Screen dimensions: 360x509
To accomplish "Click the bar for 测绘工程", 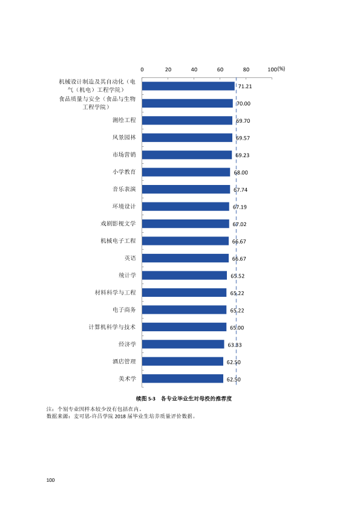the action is (187, 120).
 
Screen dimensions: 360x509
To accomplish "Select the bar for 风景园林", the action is (187, 138).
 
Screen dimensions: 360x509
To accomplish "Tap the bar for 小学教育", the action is (186, 172).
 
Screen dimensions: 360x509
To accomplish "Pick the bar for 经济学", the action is (183, 344).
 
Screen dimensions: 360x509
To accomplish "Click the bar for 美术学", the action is (183, 378).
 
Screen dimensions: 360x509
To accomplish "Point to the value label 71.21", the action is (245, 86).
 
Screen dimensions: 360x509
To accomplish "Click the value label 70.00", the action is (243, 103).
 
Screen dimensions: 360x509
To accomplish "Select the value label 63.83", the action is (235, 345).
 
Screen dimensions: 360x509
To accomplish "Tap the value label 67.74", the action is (240, 190).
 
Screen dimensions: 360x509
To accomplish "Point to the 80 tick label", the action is (246, 70).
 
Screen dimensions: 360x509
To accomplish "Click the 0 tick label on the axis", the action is (142, 70).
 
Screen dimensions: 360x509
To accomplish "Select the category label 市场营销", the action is (124, 155).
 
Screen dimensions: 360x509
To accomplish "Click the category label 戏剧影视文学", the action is (118, 223).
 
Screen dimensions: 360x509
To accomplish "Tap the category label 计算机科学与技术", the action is (112, 327).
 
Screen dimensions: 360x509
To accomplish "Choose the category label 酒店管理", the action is (124, 361).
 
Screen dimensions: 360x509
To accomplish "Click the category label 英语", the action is (130, 258).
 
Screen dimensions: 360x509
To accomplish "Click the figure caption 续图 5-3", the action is (146, 398).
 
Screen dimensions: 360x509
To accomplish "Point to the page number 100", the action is (51, 480).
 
